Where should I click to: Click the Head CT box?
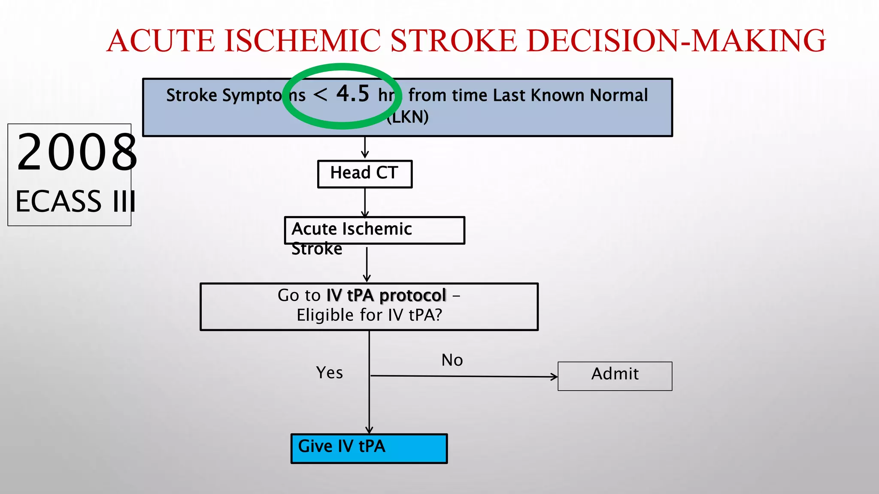click(x=364, y=174)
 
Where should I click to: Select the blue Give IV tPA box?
click(x=369, y=448)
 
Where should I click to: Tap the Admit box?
click(x=615, y=376)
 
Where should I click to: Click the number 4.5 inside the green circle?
click(x=352, y=93)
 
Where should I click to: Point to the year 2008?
click(x=76, y=152)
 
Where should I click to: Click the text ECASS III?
click(x=76, y=201)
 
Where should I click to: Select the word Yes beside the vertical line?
click(x=329, y=373)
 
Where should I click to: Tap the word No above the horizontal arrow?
click(x=452, y=360)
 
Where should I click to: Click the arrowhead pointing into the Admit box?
click(x=554, y=377)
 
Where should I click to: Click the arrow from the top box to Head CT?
click(x=365, y=148)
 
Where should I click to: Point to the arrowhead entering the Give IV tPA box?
click(x=369, y=430)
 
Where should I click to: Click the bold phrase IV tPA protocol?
click(x=386, y=295)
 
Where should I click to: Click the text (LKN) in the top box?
click(x=407, y=117)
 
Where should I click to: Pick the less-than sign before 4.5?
click(x=320, y=94)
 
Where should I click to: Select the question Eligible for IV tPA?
click(x=369, y=315)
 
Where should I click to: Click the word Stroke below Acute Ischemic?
click(x=317, y=249)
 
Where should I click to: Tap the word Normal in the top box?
click(x=618, y=95)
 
